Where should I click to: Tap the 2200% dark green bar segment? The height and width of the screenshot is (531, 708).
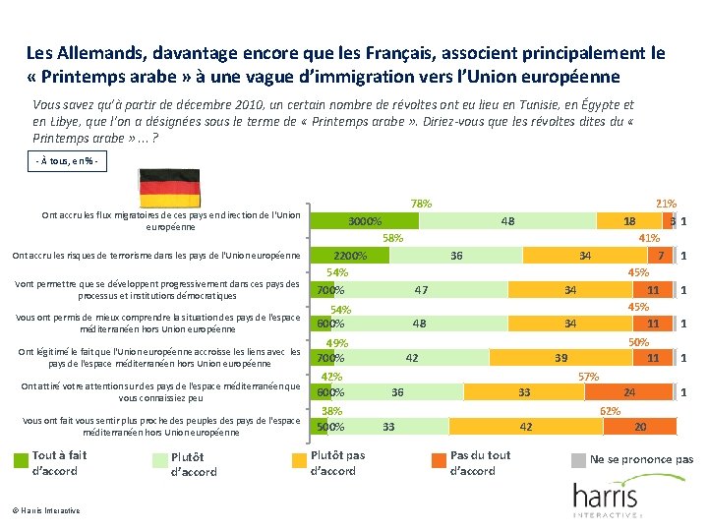pos(350,256)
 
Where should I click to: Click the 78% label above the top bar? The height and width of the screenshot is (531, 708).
pos(421,204)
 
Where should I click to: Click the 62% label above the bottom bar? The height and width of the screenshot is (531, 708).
pos(610,410)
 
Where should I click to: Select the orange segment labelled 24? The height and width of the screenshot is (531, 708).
pos(629,392)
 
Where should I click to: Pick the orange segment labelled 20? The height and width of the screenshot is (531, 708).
pos(640,427)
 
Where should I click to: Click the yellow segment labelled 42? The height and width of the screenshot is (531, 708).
pos(526,427)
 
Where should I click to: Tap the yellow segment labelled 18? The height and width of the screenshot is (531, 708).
pos(629,221)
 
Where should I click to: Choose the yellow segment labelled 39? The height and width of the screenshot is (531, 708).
pos(561,358)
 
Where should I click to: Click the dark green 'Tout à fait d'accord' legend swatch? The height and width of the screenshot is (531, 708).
pos(21,458)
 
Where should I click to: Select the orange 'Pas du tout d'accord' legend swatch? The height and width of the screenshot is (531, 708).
pos(439,458)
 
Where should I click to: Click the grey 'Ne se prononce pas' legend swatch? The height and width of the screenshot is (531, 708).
pos(580,459)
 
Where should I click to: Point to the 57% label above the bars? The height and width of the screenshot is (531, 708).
pos(588,376)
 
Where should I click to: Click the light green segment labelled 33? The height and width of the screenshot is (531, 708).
pos(388,427)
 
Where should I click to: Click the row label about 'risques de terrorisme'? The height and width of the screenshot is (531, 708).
pos(155,256)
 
